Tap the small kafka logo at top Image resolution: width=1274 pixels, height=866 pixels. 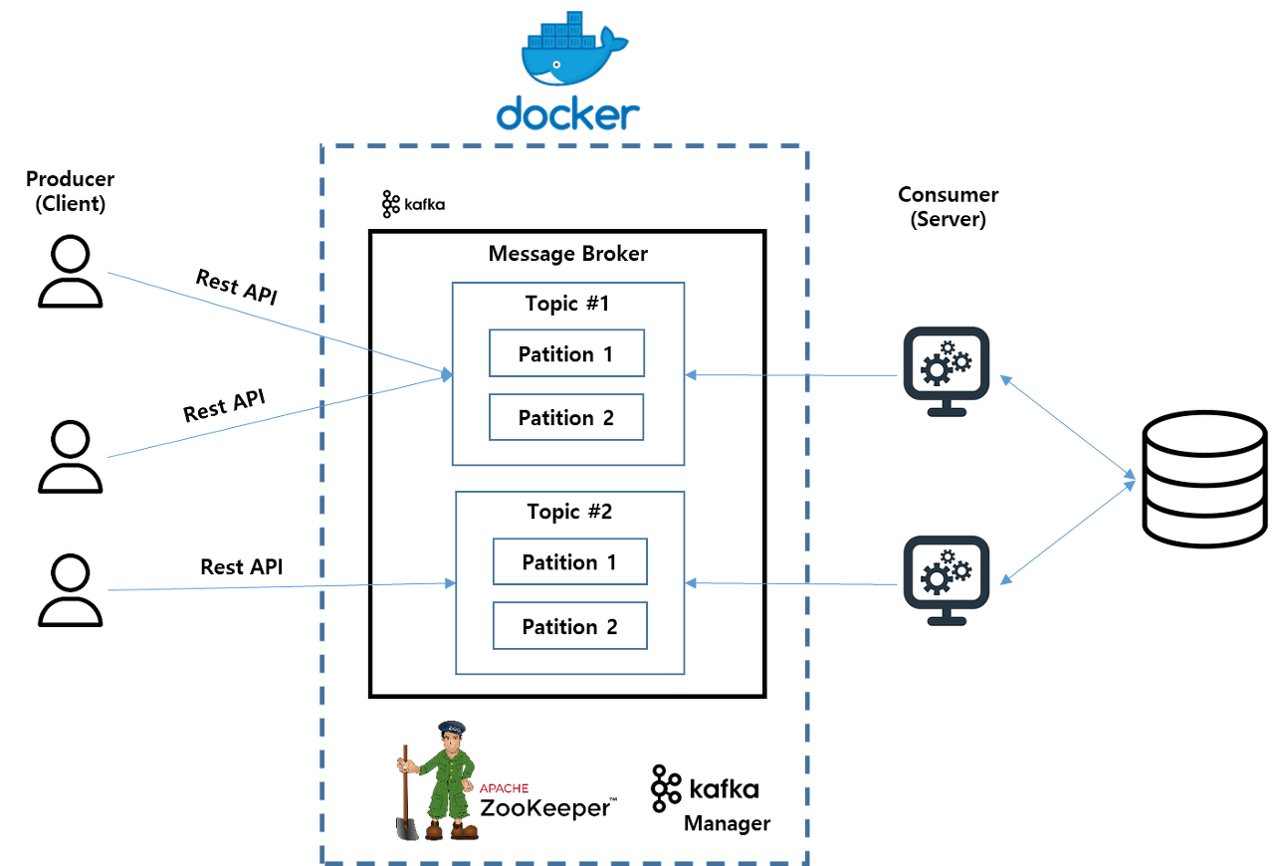tap(414, 200)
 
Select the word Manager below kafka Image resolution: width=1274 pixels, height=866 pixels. tap(727, 823)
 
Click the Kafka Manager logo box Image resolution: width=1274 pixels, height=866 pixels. tap(706, 784)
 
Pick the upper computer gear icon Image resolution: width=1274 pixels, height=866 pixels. tap(948, 373)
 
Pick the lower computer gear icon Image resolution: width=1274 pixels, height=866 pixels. tap(948, 582)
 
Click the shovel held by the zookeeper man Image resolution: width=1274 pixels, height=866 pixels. tap(406, 796)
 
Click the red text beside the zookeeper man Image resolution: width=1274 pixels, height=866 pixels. tap(505, 788)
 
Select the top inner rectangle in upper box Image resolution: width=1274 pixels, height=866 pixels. tap(567, 353)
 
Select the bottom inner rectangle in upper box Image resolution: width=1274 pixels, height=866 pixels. tap(567, 417)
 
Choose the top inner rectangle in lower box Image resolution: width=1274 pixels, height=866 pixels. tap(570, 561)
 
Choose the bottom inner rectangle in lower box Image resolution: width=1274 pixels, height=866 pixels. tap(570, 625)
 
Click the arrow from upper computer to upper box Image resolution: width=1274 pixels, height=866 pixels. tap(791, 375)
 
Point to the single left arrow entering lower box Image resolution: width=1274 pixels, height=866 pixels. tap(279, 587)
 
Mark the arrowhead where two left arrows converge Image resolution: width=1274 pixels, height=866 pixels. tap(446, 374)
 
